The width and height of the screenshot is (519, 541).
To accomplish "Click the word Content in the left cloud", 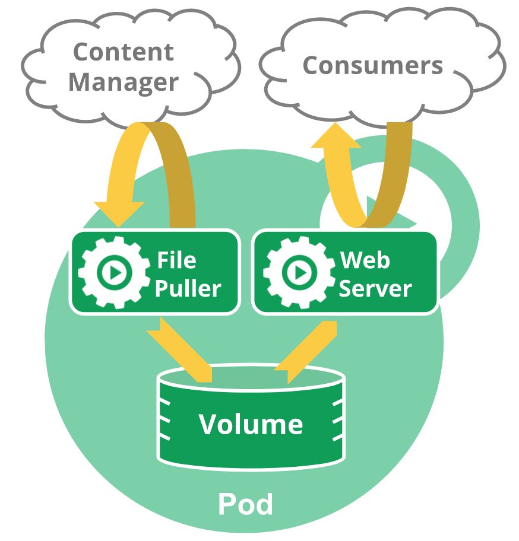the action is [x=124, y=52].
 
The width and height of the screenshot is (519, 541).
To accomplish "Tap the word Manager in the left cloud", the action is [x=124, y=82].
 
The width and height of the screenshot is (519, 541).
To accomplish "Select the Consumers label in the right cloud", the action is [x=372, y=66].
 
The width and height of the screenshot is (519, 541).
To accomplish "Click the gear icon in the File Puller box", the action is [x=114, y=272].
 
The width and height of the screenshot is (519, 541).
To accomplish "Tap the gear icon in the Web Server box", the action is [x=299, y=272].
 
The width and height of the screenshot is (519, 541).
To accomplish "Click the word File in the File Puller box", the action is [x=176, y=260].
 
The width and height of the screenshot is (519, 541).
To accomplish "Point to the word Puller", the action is [x=188, y=288].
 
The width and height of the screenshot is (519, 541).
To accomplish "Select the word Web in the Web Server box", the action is [x=365, y=260].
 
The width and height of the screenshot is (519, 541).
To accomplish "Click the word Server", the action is [x=375, y=289].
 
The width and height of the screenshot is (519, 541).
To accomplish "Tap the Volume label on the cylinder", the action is [x=251, y=424].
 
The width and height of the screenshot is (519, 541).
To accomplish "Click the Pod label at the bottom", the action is [x=245, y=504].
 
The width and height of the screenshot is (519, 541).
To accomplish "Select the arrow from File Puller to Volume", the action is [x=179, y=350].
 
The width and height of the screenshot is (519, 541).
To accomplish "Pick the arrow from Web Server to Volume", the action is [x=306, y=352].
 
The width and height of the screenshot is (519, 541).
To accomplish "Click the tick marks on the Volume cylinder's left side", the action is [x=164, y=421].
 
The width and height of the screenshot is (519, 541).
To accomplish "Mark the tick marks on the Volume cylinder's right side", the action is [x=337, y=421].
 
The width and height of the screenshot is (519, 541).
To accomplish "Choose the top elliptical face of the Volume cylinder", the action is [x=251, y=378].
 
